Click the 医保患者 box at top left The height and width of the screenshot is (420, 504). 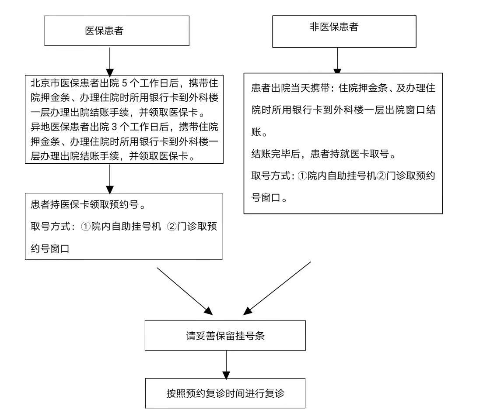click(x=117, y=31)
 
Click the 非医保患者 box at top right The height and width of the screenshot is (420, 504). click(x=344, y=31)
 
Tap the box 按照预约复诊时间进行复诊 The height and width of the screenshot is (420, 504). click(x=225, y=393)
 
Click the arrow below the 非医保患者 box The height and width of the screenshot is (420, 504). click(x=337, y=61)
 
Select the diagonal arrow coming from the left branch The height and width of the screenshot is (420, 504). click(x=184, y=291)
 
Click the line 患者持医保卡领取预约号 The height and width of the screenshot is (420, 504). click(x=87, y=204)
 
